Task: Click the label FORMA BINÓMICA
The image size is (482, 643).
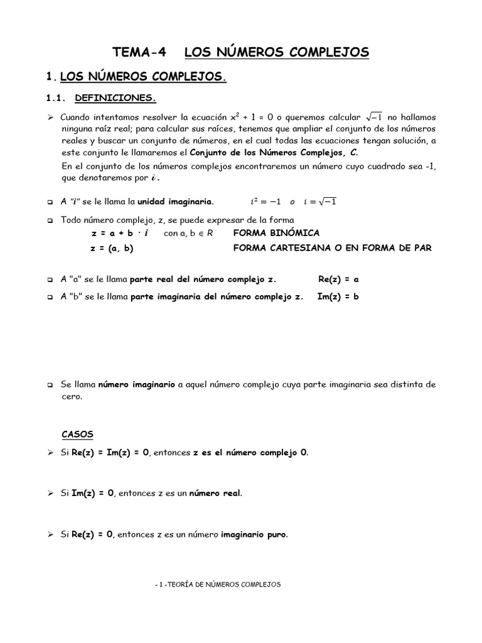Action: coord(276,233)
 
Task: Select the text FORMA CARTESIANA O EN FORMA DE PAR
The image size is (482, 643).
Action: coord(332,248)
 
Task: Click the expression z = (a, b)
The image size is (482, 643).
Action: coord(112,248)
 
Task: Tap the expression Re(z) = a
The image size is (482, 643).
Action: coord(338,279)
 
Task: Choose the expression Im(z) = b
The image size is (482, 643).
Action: coord(338,296)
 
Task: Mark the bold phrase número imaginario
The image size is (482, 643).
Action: coord(136,384)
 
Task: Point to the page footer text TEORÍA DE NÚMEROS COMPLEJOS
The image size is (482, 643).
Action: coord(221,584)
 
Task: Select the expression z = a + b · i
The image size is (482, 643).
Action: coord(119,233)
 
